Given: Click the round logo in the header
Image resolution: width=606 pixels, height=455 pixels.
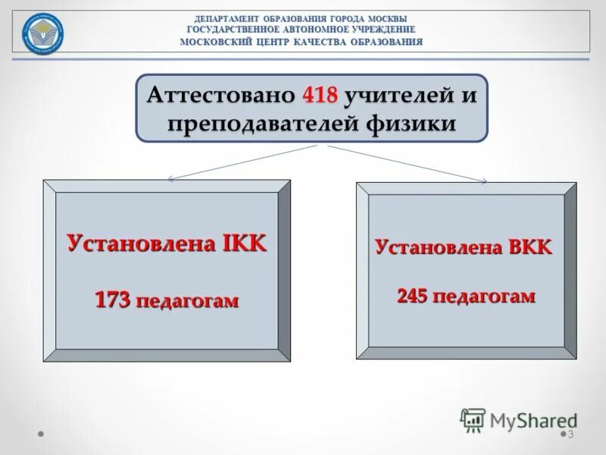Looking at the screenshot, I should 42,33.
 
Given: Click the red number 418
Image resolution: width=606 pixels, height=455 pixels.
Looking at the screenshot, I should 319,96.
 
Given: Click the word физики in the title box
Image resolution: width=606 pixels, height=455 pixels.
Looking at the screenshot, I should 414,123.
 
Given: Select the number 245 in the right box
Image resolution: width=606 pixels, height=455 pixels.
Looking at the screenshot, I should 414,296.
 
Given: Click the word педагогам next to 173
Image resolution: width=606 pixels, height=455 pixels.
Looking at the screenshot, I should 187,301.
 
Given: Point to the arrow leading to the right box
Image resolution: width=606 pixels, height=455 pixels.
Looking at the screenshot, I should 409,163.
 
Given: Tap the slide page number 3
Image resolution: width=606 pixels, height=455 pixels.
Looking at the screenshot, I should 570,435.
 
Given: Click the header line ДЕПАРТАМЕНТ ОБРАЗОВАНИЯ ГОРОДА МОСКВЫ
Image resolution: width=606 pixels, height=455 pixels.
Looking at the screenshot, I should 301,18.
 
